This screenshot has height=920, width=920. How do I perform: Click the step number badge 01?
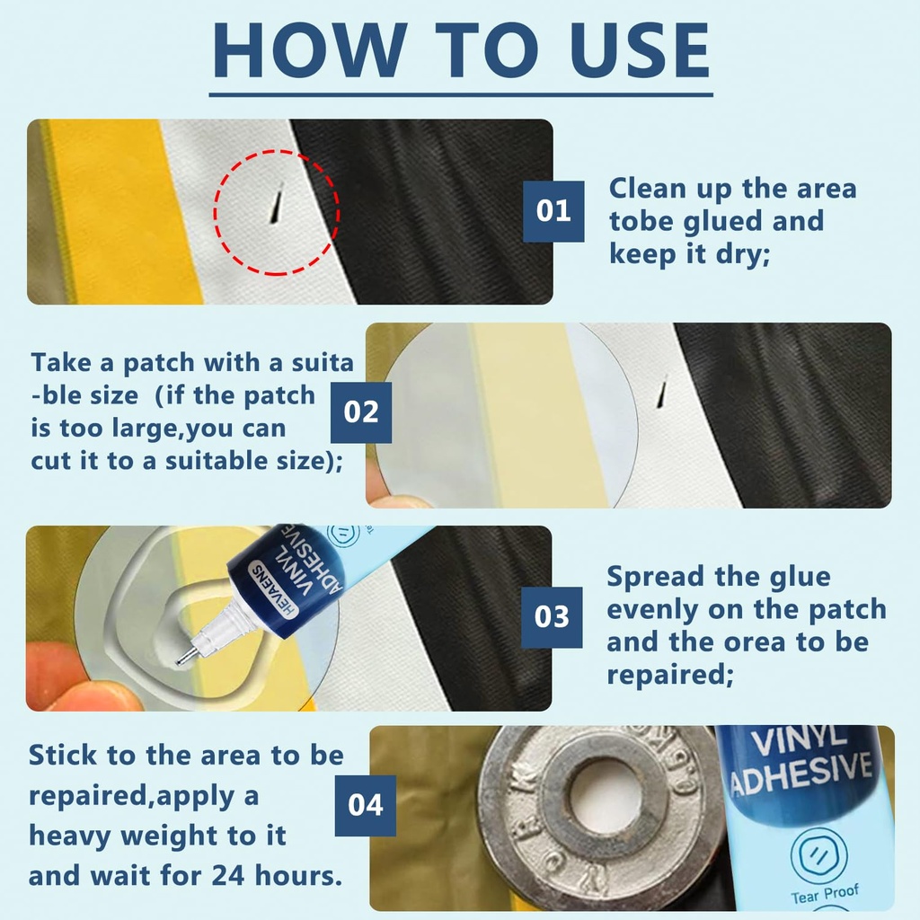(553, 211)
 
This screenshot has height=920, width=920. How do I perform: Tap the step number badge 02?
(361, 412)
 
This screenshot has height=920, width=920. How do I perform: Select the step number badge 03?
(552, 617)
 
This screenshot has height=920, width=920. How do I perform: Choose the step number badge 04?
(366, 805)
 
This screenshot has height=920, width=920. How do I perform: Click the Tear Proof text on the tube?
(824, 892)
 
